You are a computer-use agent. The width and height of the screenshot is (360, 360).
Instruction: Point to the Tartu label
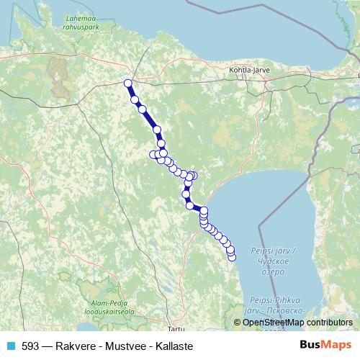(x=169, y=318)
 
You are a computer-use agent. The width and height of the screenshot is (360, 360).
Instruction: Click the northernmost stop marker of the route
(x=128, y=83)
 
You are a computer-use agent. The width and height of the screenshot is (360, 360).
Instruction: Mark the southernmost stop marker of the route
(x=232, y=257)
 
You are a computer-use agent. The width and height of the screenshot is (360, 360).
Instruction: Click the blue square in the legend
(x=11, y=346)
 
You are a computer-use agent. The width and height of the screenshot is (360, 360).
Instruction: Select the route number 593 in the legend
(x=31, y=346)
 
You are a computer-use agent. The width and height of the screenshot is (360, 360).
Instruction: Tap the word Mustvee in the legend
(x=123, y=346)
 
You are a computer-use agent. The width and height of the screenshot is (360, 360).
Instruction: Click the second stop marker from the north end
(x=135, y=99)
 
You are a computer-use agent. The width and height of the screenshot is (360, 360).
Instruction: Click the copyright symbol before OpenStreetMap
(x=238, y=322)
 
